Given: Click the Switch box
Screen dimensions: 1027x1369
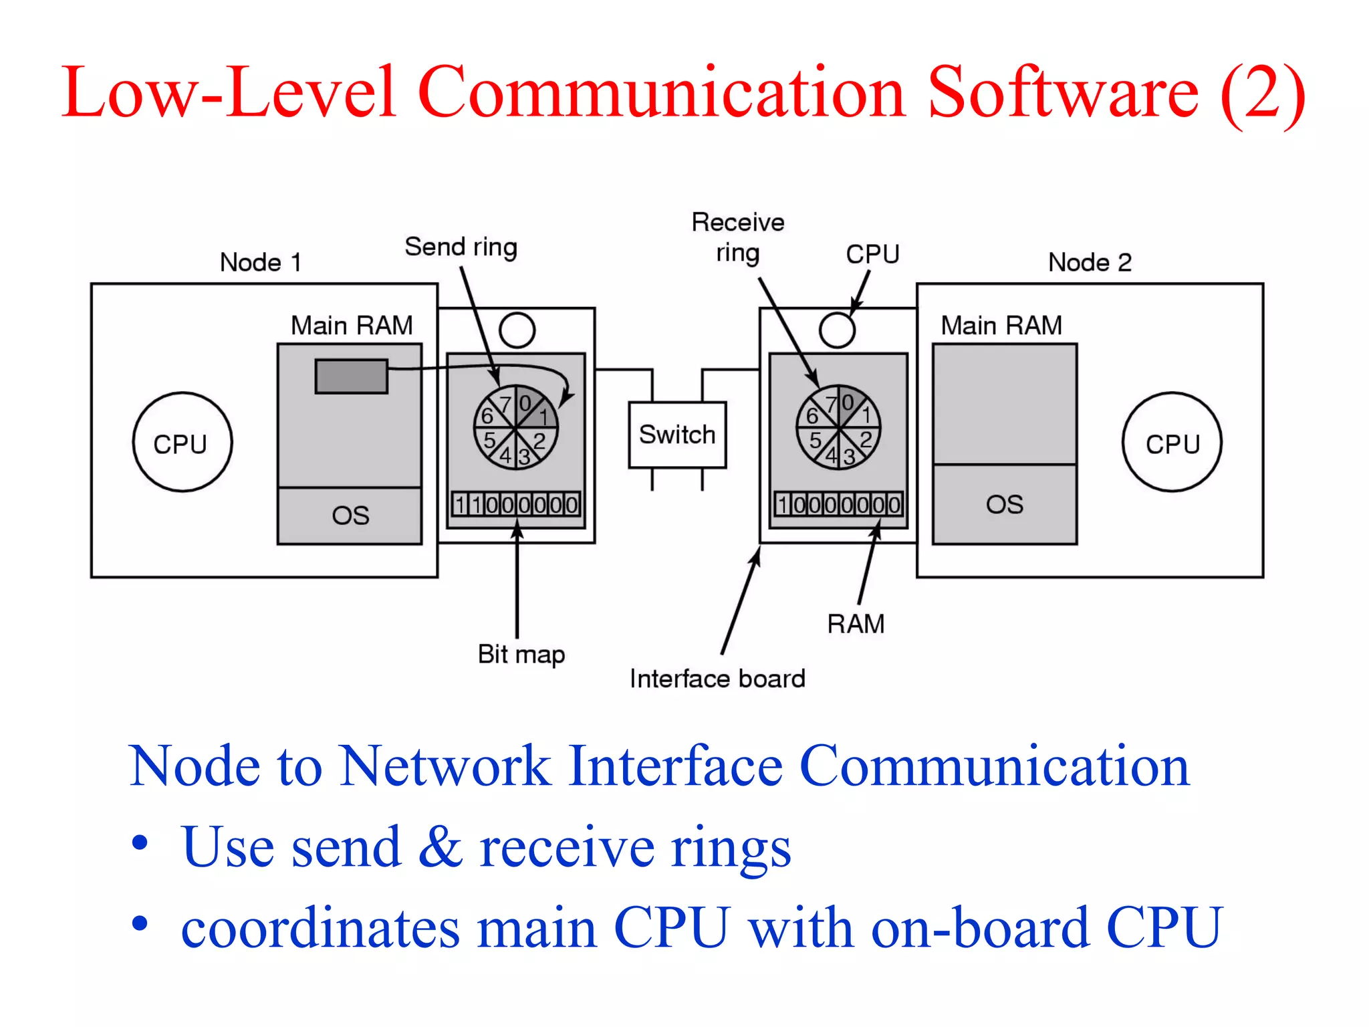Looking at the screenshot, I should pyautogui.click(x=676, y=435).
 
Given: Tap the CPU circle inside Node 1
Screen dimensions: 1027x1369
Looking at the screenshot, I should pyautogui.click(x=182, y=443).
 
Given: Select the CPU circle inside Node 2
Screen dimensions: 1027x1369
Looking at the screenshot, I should pyautogui.click(x=1172, y=443).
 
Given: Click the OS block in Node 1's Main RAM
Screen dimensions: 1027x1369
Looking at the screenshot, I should pyautogui.click(x=350, y=516).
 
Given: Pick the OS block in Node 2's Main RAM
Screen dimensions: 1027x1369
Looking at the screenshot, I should pyautogui.click(x=1004, y=504).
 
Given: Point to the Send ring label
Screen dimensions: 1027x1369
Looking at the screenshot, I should pyautogui.click(x=461, y=247).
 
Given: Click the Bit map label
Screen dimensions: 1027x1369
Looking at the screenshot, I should pyautogui.click(x=521, y=654).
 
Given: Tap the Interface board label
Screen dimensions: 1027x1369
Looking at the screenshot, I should pyautogui.click(x=717, y=679).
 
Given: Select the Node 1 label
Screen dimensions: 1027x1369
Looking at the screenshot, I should pyautogui.click(x=261, y=262).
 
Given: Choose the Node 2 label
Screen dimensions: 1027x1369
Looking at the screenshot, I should pyautogui.click(x=1090, y=262).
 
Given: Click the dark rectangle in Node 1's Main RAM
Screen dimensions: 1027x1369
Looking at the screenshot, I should pyautogui.click(x=352, y=376).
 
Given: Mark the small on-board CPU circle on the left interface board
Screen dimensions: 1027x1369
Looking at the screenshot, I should pyautogui.click(x=517, y=330).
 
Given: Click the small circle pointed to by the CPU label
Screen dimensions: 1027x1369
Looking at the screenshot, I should pyautogui.click(x=837, y=330).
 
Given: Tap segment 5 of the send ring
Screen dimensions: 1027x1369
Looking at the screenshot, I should pyautogui.click(x=490, y=441).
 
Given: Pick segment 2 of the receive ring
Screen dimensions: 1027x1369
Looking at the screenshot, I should pyautogui.click(x=866, y=439).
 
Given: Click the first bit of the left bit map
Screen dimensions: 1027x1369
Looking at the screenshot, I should pyautogui.click(x=460, y=504).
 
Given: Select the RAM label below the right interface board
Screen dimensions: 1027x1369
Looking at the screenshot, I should pyautogui.click(x=856, y=624).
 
